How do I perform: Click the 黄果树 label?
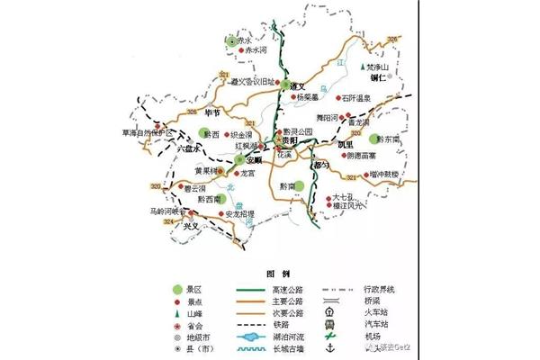click(208, 170)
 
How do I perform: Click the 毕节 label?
click(212, 112)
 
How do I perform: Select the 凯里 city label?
click(346, 143)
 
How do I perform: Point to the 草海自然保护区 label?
click(143, 132)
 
